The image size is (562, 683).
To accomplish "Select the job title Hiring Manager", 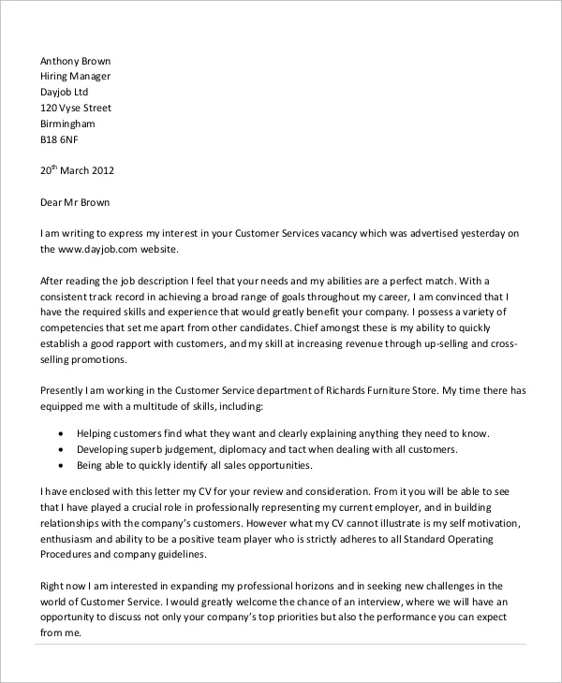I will [75, 77].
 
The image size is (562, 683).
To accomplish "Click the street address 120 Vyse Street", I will [76, 109].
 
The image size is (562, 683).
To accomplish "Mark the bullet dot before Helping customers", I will [62, 434].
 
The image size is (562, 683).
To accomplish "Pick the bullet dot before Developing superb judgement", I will [62, 450].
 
